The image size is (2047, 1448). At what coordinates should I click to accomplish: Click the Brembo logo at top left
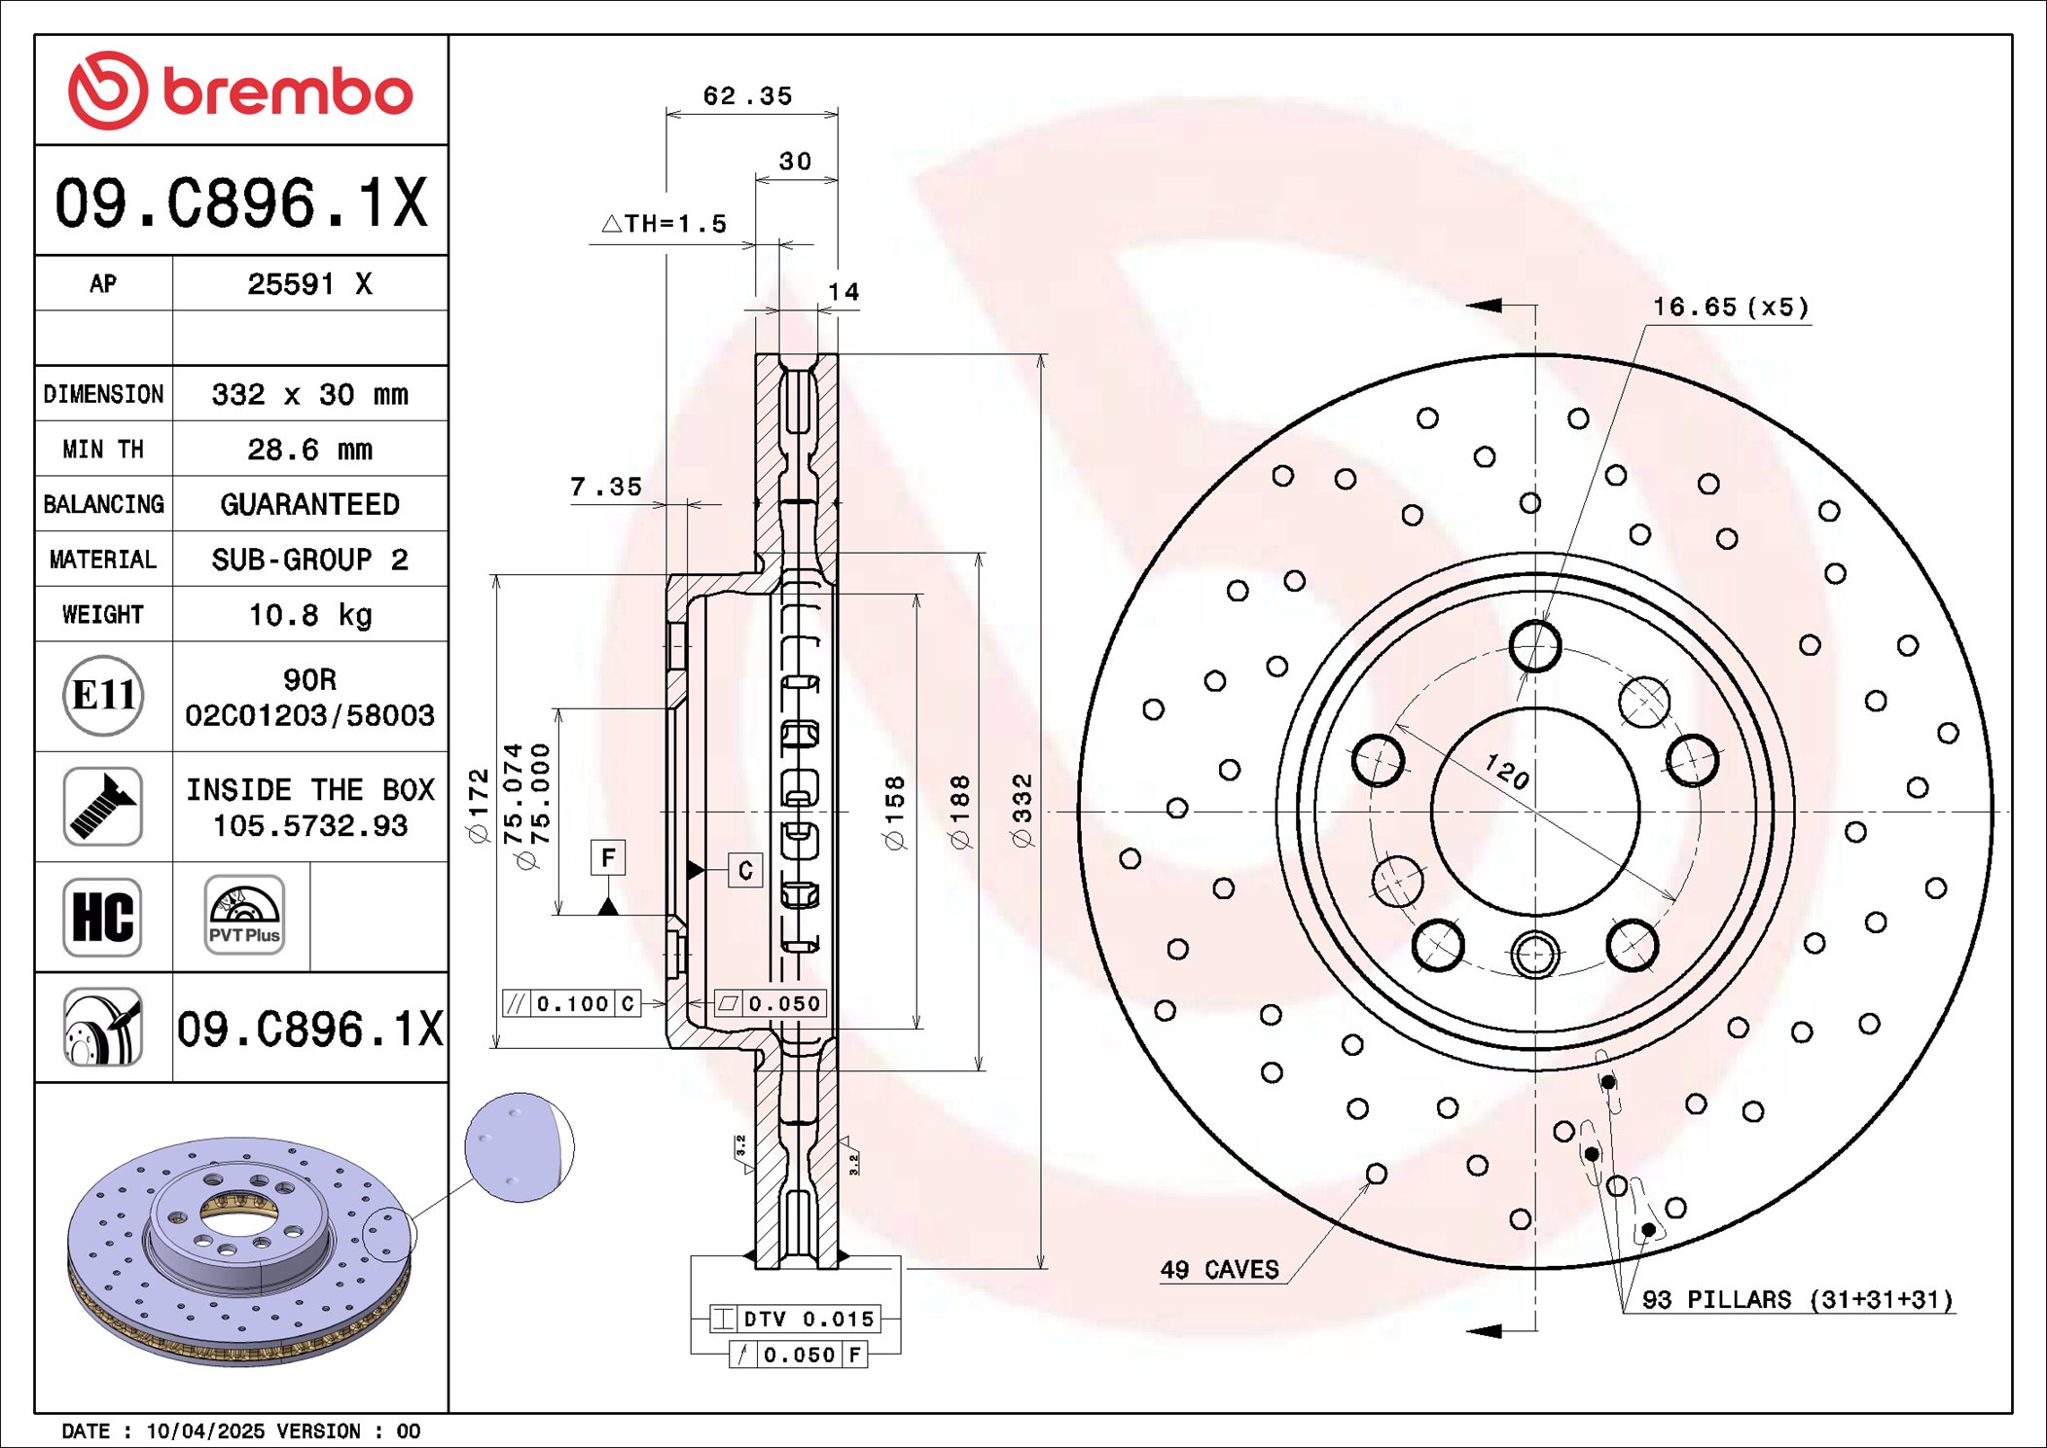240,90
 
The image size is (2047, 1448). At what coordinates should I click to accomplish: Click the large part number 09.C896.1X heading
240,202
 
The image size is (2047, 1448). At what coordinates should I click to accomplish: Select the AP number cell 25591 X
309,284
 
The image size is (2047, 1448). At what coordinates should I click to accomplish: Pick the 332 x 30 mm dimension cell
309,394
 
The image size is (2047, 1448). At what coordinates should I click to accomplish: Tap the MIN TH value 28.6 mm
309,450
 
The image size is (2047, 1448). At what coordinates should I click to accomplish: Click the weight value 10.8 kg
309,615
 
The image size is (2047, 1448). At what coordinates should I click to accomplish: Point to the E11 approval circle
103,696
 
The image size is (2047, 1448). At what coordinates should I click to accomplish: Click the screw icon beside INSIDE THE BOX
103,806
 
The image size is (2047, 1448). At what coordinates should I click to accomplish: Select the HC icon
103,917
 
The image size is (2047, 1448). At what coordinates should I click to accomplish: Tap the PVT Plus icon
244,915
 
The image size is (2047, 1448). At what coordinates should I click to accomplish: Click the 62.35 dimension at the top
747,96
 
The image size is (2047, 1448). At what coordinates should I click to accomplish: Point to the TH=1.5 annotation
665,224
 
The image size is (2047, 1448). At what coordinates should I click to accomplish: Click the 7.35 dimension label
606,487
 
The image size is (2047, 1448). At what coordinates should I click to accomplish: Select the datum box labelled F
608,857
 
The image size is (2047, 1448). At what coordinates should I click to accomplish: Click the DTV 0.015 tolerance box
795,1319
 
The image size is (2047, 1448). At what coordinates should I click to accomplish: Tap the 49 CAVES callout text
1219,1270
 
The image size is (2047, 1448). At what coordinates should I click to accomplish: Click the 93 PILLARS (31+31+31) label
1797,1300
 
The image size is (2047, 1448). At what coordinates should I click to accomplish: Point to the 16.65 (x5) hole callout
1731,308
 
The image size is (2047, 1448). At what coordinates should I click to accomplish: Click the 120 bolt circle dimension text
1507,772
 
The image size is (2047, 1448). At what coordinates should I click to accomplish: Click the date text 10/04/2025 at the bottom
204,1430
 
